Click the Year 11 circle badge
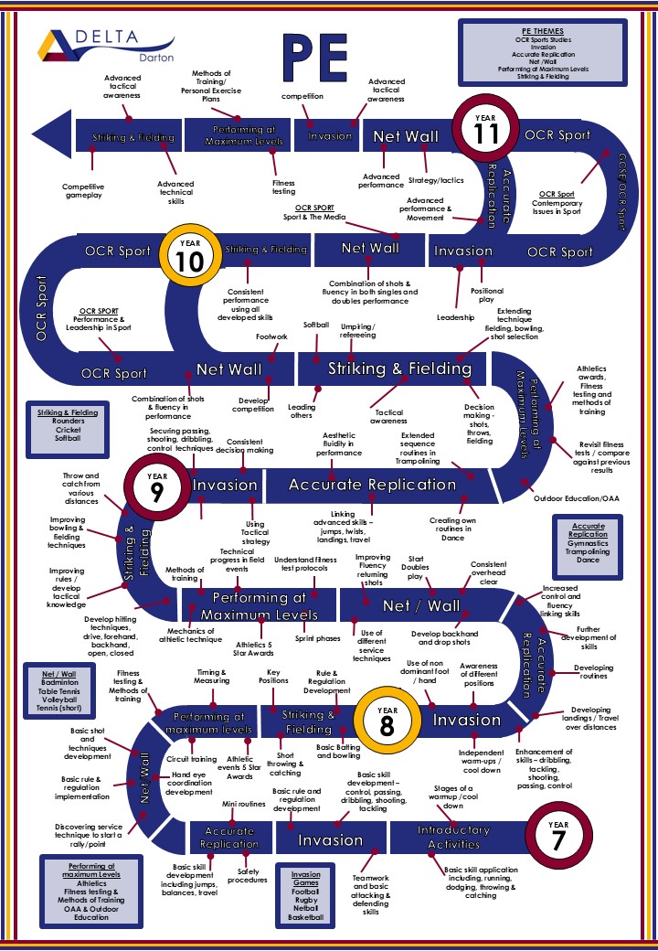pyautogui.click(x=485, y=132)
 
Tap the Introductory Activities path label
pyautogui.click(x=454, y=837)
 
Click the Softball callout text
pyautogui.click(x=316, y=325)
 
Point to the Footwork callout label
pyautogui.click(x=271, y=337)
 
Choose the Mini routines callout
pyautogui.click(x=243, y=804)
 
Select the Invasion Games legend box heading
pyautogui.click(x=305, y=874)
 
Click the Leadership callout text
pyautogui.click(x=455, y=317)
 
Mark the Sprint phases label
pyautogui.click(x=316, y=637)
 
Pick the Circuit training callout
pyautogui.click(x=191, y=759)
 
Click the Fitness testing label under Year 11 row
pyautogui.click(x=283, y=187)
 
